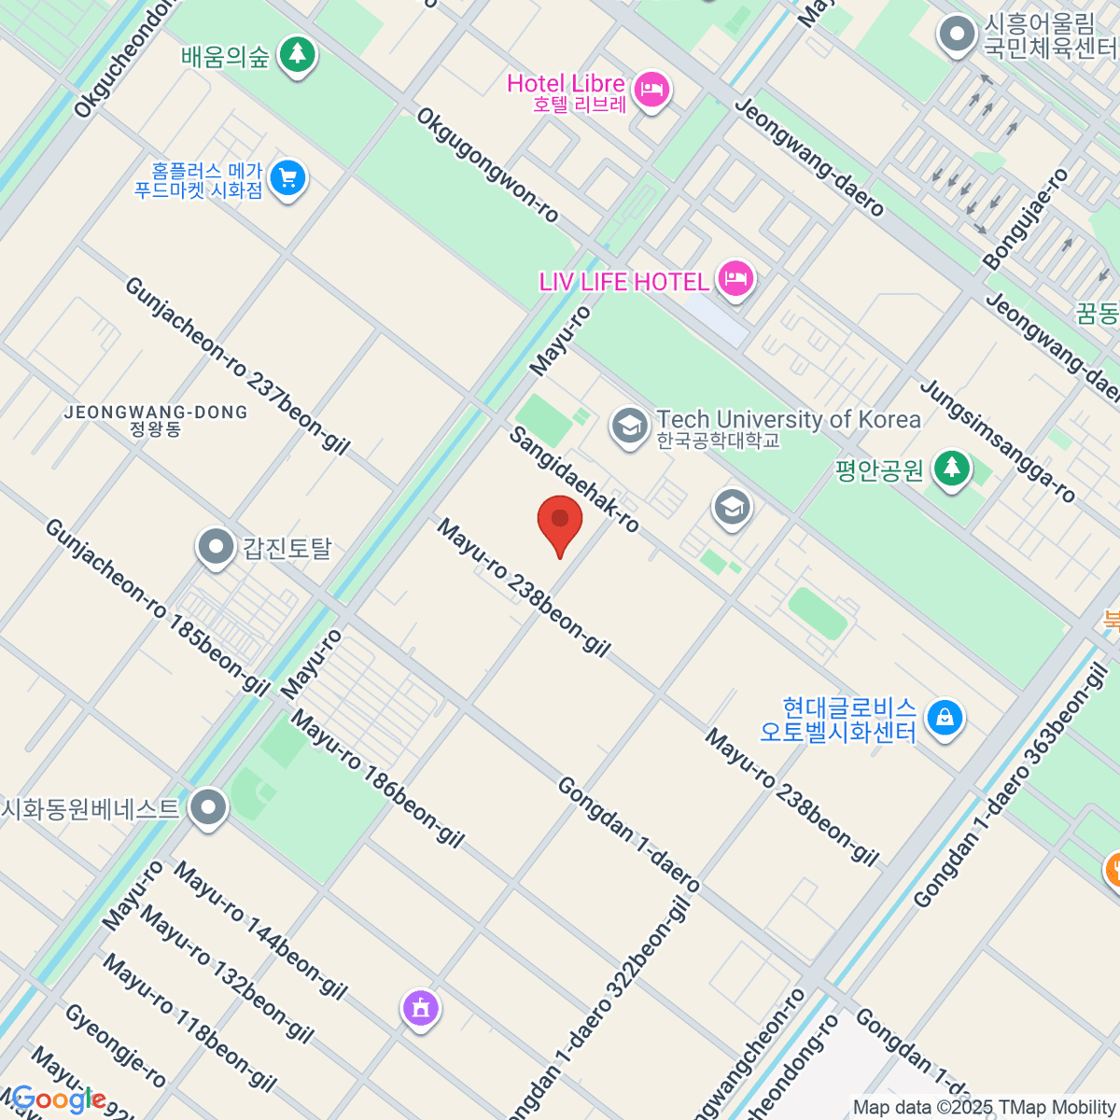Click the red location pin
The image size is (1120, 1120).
(560, 521)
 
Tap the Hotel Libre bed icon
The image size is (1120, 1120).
(651, 90)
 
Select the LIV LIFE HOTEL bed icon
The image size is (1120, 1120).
(735, 277)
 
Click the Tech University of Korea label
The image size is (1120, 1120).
(788, 420)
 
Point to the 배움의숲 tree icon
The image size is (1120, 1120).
(297, 54)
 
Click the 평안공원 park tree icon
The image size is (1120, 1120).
(951, 466)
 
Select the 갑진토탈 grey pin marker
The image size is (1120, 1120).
(217, 546)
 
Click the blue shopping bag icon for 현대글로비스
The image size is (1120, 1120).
(945, 718)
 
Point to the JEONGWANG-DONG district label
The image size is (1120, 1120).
(156, 413)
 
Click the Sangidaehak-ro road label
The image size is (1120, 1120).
(574, 480)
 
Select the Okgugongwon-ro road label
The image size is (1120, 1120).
(487, 166)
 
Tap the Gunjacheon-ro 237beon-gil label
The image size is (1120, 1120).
(237, 366)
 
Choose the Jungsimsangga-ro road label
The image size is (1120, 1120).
(998, 441)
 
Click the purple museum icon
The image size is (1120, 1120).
(421, 1008)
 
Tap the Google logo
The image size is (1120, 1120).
(58, 1099)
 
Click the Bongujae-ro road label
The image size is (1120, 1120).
(1026, 220)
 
